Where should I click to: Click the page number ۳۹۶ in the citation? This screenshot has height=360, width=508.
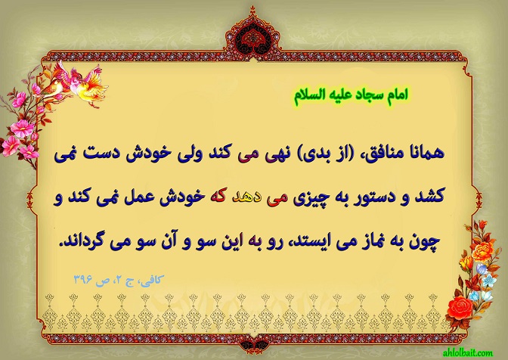pyautogui.click(x=83, y=279)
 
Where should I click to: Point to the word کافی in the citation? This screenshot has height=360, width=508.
pyautogui.click(x=151, y=280)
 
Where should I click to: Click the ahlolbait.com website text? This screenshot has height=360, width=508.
pyautogui.click(x=467, y=352)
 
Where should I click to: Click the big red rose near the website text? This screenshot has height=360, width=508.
pyautogui.click(x=460, y=307)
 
